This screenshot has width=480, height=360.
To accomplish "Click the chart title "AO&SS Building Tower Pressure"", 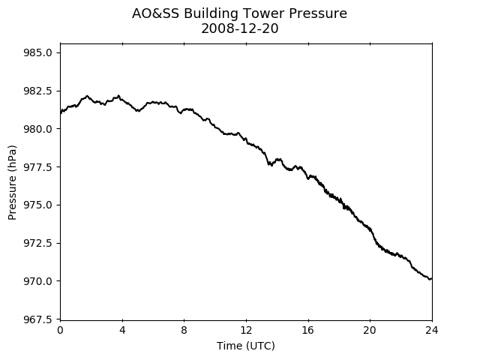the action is tap(240, 13).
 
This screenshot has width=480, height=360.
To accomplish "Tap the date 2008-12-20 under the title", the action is tap(240, 28).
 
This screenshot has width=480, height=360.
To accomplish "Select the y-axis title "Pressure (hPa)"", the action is tap(12, 182).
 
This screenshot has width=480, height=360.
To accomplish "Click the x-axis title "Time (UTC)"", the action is tap(246, 346).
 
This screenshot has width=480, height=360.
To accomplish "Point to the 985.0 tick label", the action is tap(37, 52).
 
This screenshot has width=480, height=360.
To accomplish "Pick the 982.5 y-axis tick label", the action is tap(37, 91).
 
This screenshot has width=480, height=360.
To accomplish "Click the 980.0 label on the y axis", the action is tap(37, 129).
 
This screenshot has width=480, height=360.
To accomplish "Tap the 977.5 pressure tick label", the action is tap(37, 166).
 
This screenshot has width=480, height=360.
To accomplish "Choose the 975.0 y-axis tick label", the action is tap(37, 205).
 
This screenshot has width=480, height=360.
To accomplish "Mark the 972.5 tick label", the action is tap(37, 243).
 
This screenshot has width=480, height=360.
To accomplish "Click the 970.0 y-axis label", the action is tap(37, 281).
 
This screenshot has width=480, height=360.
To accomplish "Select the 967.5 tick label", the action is tap(37, 319).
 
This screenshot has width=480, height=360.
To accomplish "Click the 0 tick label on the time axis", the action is tap(60, 330).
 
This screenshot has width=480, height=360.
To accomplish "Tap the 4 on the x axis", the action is tap(122, 330).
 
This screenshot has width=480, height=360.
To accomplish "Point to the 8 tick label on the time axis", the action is tap(184, 330).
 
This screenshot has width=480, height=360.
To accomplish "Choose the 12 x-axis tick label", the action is tap(246, 330).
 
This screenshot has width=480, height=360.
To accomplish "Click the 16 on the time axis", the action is tap(308, 330).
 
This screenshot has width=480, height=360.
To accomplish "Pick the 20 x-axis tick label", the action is tap(370, 330).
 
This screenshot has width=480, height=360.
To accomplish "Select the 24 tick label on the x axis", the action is tap(432, 330).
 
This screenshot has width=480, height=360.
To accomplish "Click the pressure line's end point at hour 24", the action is tap(432, 278).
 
